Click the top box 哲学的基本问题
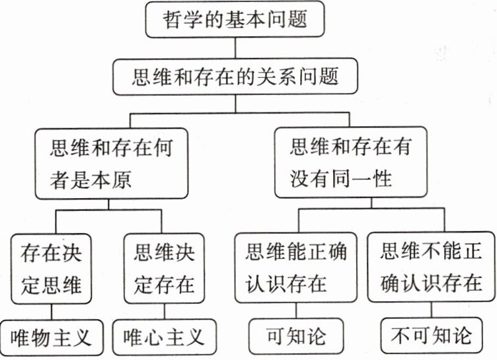pyautogui.click(x=235, y=22)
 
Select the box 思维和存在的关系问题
pyautogui.click(x=236, y=77)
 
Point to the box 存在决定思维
pyautogui.click(x=55, y=267)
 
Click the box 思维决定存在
pyautogui.click(x=164, y=267)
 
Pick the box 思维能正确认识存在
pyautogui.click(x=295, y=267)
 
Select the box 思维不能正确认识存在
pyautogui.click(x=431, y=267)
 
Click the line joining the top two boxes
pyautogui.click(x=235, y=49)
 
